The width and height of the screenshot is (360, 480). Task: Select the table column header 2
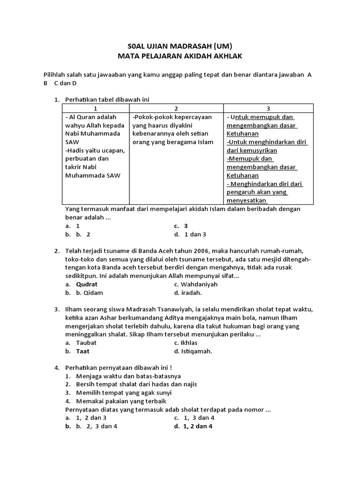[x=175, y=108]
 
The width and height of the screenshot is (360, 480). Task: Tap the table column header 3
[x=268, y=108]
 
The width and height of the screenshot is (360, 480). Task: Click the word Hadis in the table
[x=77, y=150]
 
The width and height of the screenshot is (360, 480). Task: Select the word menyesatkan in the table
[x=247, y=201]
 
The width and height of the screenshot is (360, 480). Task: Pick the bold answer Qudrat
[x=87, y=284]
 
